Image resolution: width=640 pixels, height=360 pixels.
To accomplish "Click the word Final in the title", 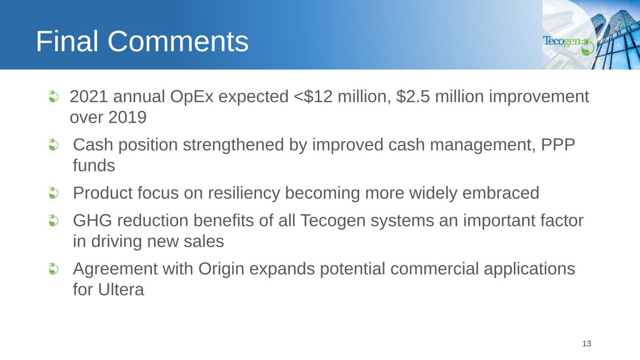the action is pyautogui.click(x=67, y=41).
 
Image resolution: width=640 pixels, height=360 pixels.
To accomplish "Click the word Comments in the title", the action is pyautogui.click(x=178, y=41).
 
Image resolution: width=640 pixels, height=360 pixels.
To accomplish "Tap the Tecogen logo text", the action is pyautogui.click(x=562, y=41).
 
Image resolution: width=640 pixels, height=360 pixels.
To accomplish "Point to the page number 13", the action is pyautogui.click(x=587, y=344).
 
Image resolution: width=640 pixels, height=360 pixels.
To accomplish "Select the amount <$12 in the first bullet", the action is pyautogui.click(x=313, y=96).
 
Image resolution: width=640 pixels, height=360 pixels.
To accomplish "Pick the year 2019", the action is pyautogui.click(x=128, y=117).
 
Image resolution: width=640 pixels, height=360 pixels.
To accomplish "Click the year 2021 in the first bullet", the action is pyautogui.click(x=89, y=96).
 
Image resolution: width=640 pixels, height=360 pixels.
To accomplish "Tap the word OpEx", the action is pyautogui.click(x=192, y=97).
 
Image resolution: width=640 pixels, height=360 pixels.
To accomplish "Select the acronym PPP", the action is pyautogui.click(x=558, y=144).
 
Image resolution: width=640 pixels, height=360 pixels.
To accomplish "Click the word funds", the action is pyautogui.click(x=94, y=165).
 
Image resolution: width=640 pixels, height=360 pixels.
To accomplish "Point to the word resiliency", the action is pyautogui.click(x=244, y=193).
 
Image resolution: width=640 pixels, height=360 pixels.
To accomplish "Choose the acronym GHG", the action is pyautogui.click(x=92, y=221).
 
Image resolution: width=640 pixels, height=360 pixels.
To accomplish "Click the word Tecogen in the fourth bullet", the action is pyautogui.click(x=333, y=221).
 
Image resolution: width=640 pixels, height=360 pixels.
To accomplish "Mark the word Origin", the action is pyautogui.click(x=221, y=269).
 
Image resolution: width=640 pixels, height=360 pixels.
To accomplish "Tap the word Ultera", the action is pyautogui.click(x=121, y=290).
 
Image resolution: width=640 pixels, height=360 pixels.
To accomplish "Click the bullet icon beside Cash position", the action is pyautogui.click(x=53, y=144).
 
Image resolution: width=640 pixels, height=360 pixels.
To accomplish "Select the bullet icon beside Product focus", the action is pyautogui.click(x=53, y=193).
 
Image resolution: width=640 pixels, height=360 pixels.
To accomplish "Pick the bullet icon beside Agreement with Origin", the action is pyautogui.click(x=53, y=269).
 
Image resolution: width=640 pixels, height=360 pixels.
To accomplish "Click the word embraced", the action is pyautogui.click(x=501, y=193).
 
